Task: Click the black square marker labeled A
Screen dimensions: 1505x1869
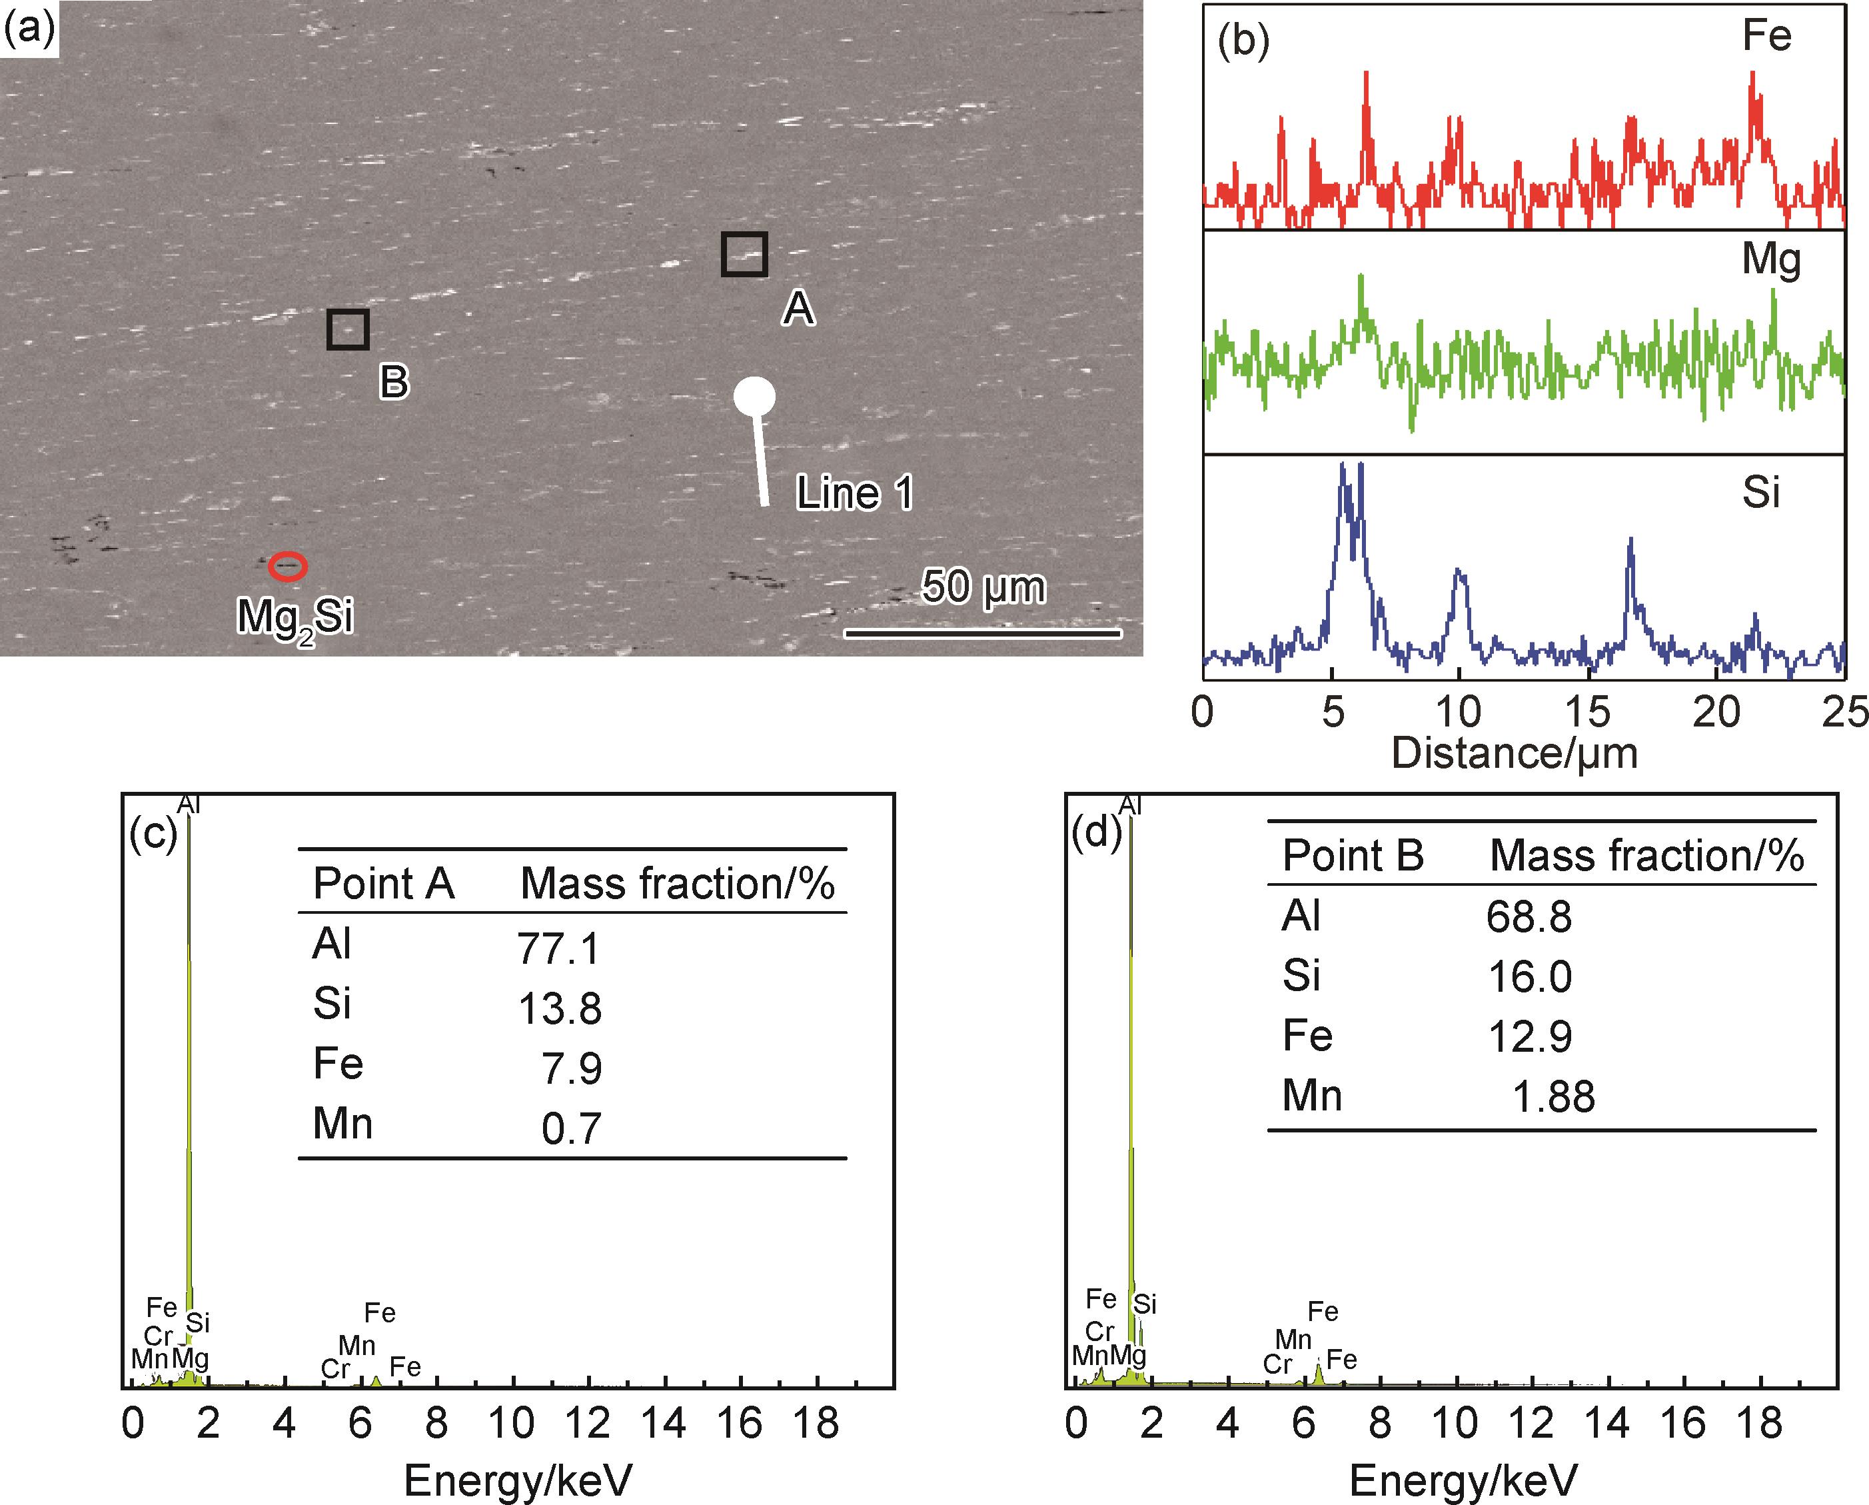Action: (x=744, y=254)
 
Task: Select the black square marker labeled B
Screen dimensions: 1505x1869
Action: (x=348, y=329)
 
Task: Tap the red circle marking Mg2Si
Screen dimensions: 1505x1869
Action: (x=287, y=566)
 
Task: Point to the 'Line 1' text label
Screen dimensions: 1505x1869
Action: (x=854, y=493)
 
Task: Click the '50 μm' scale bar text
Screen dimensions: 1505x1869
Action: (x=983, y=587)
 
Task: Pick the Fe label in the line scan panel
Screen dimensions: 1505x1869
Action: (x=1766, y=37)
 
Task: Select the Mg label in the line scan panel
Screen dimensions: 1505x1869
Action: (x=1771, y=259)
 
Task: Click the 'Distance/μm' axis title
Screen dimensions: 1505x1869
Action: (x=1515, y=753)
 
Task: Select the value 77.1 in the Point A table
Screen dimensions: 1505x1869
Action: (x=558, y=948)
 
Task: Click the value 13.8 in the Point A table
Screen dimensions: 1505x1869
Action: (x=560, y=1008)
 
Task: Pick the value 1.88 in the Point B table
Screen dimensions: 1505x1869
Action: (x=1553, y=1096)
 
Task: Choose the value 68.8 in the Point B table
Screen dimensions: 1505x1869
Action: (x=1529, y=916)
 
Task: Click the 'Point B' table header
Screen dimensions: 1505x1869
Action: (x=1353, y=856)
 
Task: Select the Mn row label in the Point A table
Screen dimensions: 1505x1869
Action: (x=342, y=1124)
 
